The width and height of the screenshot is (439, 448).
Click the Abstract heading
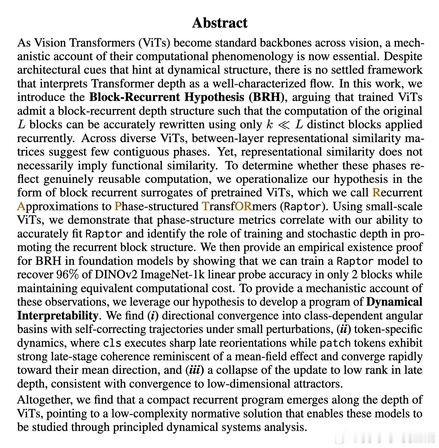click(x=219, y=23)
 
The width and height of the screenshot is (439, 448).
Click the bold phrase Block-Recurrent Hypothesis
click(x=167, y=97)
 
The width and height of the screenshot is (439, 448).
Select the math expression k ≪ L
click(x=285, y=124)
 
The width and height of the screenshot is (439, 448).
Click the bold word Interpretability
click(x=57, y=315)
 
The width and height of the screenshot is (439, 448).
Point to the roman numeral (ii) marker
click(x=344, y=329)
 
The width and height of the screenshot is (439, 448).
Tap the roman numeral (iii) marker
click(x=195, y=370)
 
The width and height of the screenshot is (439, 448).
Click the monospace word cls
click(x=112, y=343)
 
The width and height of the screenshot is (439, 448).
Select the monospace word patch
click(x=335, y=343)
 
